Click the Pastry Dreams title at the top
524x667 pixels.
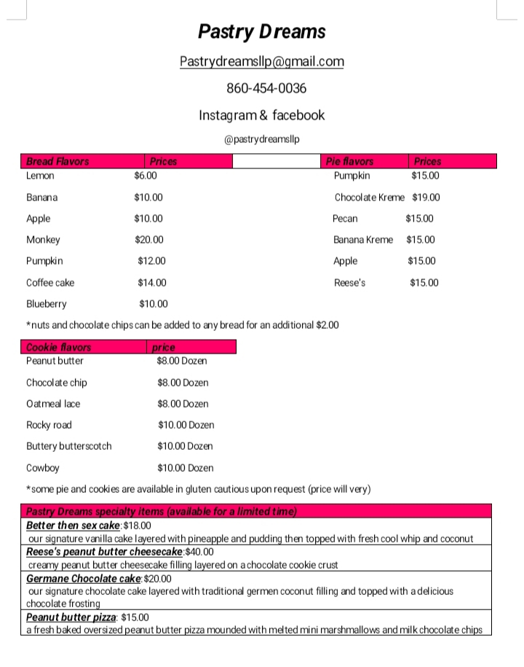262,31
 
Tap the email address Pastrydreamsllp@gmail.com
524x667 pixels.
262,62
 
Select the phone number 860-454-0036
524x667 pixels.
266,88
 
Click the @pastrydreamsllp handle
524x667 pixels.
261,139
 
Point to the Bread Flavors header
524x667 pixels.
57,162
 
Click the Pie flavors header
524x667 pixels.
349,162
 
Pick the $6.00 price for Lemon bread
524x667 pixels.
146,176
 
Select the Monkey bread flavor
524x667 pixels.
43,240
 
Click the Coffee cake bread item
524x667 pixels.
50,283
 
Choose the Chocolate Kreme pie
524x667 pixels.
369,198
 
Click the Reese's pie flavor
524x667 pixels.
349,283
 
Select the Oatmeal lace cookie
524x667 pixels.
53,404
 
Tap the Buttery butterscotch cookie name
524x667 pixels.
69,446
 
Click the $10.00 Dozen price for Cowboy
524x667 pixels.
186,468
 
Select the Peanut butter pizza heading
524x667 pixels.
71,617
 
